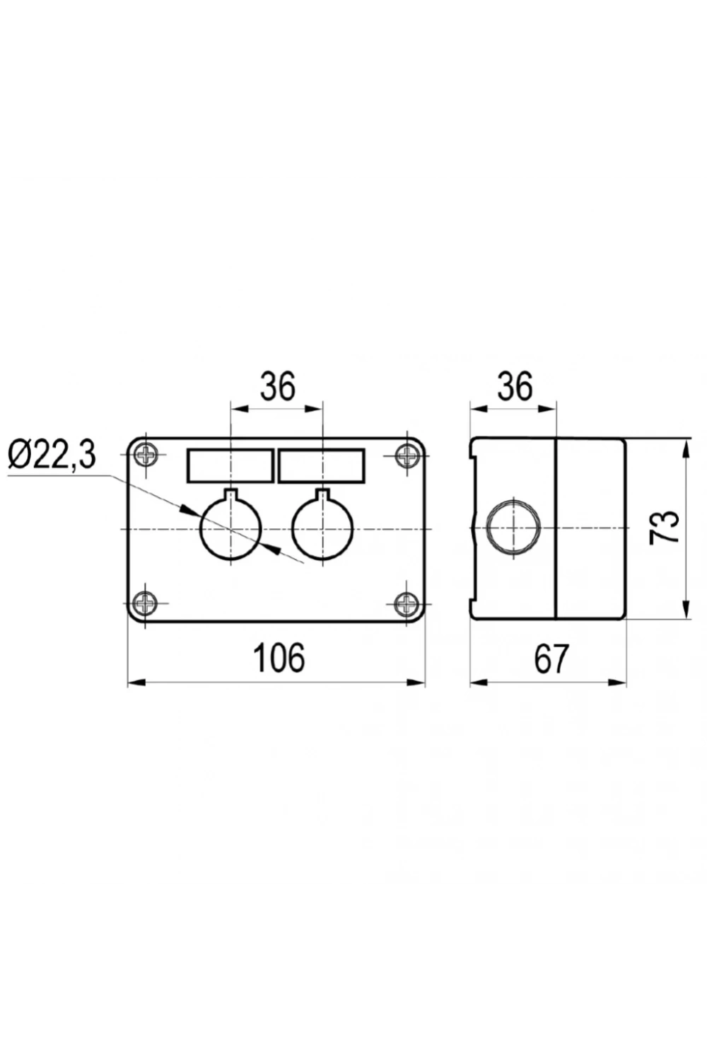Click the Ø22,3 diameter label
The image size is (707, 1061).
pos(52,455)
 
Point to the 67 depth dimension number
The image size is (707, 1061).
pos(551,658)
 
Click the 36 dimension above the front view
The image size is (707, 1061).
pos(277,385)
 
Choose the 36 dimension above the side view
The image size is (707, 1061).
pos(515,385)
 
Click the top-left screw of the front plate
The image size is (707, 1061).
pos(145,456)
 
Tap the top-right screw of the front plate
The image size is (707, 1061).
pos(407,456)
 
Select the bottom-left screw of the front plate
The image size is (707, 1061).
pos(145,603)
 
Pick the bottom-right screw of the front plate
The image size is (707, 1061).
pos(407,603)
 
